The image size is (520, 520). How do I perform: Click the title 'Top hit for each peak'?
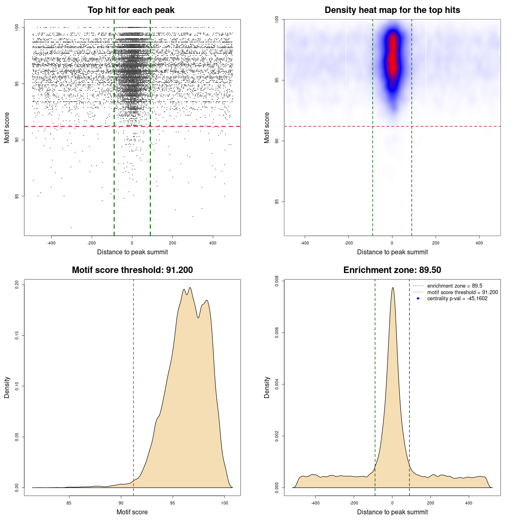click(x=131, y=10)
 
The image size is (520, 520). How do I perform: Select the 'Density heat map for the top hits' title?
click(x=392, y=10)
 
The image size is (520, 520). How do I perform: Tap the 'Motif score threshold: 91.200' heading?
click(x=132, y=270)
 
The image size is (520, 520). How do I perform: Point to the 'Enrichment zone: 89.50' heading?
click(x=392, y=270)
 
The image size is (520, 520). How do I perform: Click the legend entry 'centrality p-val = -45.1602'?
click(x=457, y=299)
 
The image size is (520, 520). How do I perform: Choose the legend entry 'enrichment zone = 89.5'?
click(x=455, y=286)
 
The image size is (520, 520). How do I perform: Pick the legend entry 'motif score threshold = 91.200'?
click(x=462, y=292)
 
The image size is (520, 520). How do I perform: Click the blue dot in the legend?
click(x=418, y=299)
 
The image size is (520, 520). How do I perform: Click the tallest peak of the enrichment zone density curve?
click(x=392, y=288)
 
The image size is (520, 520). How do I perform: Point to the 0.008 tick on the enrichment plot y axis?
click(x=277, y=281)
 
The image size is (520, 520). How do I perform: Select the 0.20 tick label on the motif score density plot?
click(x=17, y=284)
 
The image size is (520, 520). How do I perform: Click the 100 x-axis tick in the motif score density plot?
click(x=225, y=503)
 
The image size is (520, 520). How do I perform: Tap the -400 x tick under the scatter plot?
click(x=51, y=243)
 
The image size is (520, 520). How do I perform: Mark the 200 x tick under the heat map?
click(x=436, y=243)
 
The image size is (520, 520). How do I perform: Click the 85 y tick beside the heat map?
click(x=277, y=201)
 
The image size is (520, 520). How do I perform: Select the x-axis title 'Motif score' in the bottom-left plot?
click(x=132, y=512)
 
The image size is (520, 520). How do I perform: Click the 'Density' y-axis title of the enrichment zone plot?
click(x=267, y=387)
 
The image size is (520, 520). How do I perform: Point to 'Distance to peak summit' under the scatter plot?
click(x=132, y=252)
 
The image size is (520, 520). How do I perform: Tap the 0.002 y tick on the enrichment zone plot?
click(x=277, y=436)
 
